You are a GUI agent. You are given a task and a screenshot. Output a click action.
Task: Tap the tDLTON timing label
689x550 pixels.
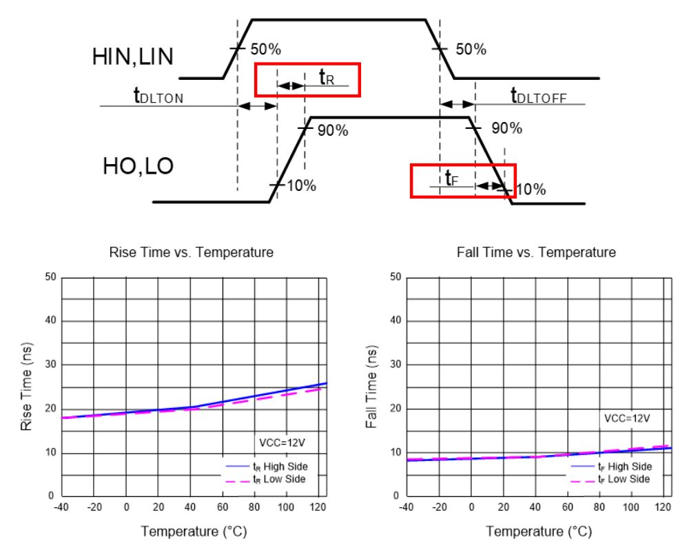[158, 96]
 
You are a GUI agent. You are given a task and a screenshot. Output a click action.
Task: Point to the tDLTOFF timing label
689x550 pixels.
[539, 96]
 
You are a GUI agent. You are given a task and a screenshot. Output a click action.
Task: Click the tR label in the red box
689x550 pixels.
[327, 78]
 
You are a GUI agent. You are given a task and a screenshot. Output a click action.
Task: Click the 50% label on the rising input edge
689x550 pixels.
[265, 50]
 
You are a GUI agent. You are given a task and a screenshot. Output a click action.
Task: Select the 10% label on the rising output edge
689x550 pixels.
[301, 186]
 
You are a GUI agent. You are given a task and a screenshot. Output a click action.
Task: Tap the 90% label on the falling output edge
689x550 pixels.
[507, 129]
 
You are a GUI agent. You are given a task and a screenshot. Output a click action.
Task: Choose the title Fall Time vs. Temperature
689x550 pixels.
[537, 253]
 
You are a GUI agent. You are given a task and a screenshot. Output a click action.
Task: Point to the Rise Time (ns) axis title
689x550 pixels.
[27, 387]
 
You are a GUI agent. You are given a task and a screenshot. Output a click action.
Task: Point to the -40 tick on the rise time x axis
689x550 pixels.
[62, 508]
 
